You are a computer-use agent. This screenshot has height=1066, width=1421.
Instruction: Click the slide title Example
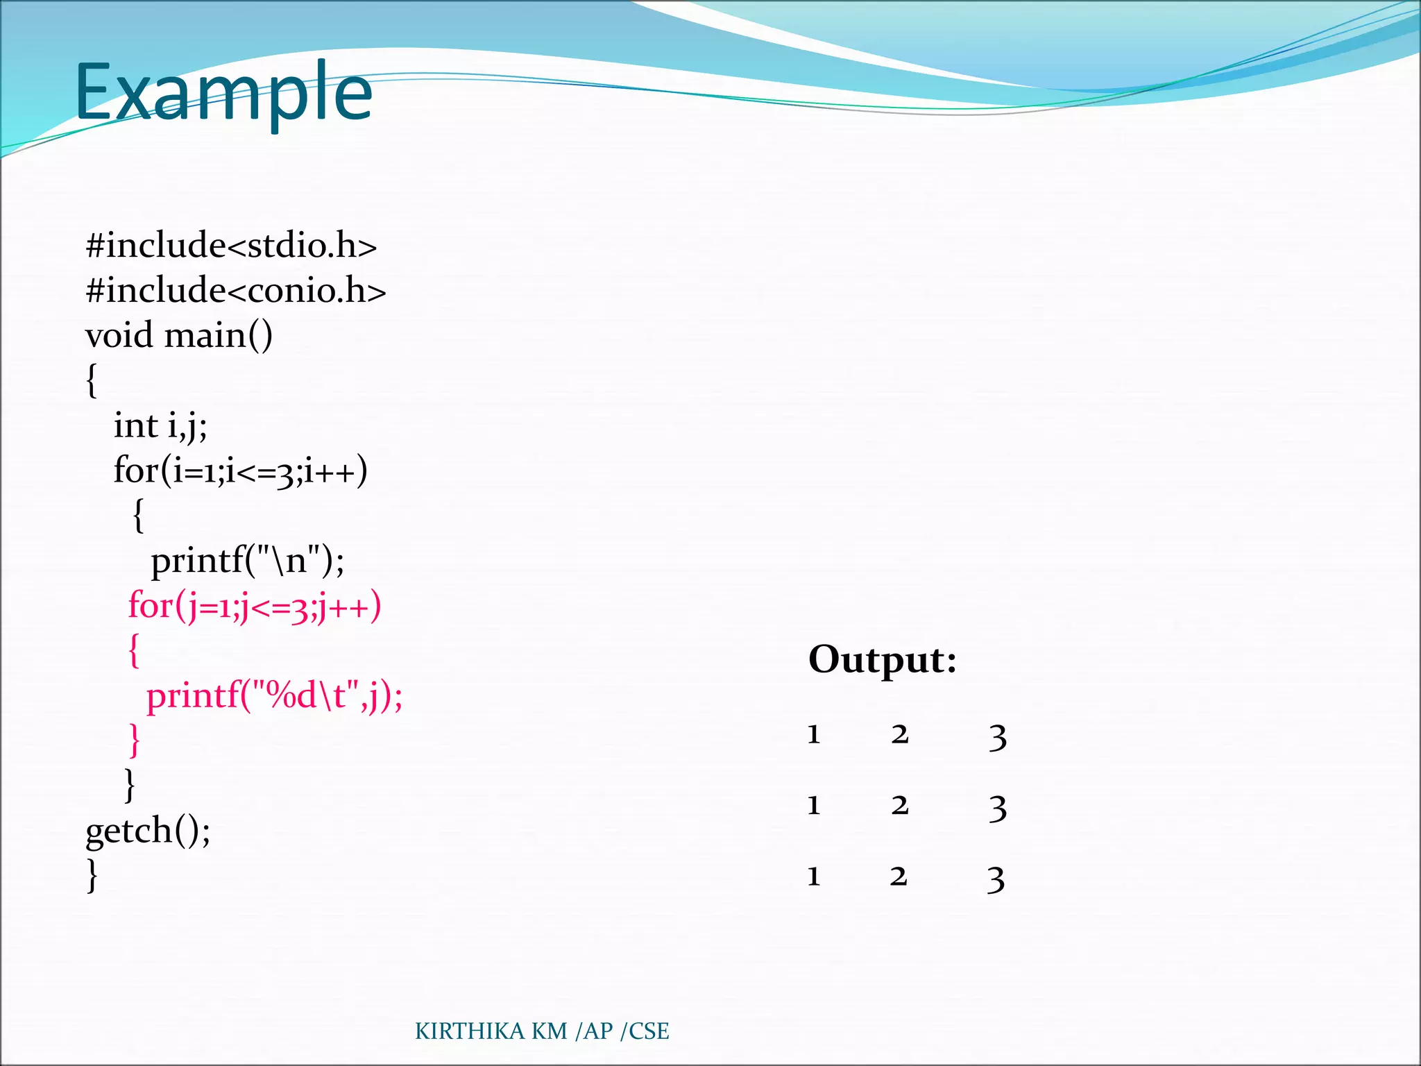pyautogui.click(x=223, y=93)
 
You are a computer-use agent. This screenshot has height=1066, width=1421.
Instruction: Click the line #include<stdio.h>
pyautogui.click(x=231, y=246)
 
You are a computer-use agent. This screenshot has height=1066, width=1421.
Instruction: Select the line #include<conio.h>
pyautogui.click(x=235, y=290)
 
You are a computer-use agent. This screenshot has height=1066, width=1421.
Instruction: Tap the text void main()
pyautogui.click(x=178, y=336)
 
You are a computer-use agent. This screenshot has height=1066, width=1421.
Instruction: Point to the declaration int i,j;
pyautogui.click(x=160, y=425)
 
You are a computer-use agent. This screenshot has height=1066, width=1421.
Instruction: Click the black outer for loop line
pyautogui.click(x=240, y=471)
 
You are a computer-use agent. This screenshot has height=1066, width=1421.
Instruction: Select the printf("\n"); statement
pyautogui.click(x=247, y=560)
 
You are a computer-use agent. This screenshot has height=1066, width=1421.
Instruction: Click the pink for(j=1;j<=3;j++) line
pyautogui.click(x=255, y=606)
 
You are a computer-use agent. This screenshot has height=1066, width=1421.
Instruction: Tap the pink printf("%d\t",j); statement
pyautogui.click(x=274, y=696)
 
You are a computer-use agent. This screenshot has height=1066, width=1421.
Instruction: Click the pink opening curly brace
pyautogui.click(x=134, y=651)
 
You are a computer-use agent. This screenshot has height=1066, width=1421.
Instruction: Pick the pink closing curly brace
pyautogui.click(x=135, y=741)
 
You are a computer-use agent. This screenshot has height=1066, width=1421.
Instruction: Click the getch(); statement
pyautogui.click(x=148, y=831)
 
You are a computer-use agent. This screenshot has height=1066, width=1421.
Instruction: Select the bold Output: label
pyautogui.click(x=882, y=659)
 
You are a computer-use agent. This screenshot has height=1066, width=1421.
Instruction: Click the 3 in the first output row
pyautogui.click(x=997, y=736)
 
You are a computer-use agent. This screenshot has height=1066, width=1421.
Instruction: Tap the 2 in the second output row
pyautogui.click(x=900, y=805)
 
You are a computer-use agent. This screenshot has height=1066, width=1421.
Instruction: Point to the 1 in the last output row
pyautogui.click(x=814, y=877)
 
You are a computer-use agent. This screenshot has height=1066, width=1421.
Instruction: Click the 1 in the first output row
pyautogui.click(x=814, y=734)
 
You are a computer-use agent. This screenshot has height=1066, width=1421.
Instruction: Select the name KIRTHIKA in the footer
pyautogui.click(x=469, y=1031)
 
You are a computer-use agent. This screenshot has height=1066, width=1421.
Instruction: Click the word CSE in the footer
pyautogui.click(x=649, y=1031)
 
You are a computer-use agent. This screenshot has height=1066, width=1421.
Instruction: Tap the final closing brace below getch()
pyautogui.click(x=92, y=876)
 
